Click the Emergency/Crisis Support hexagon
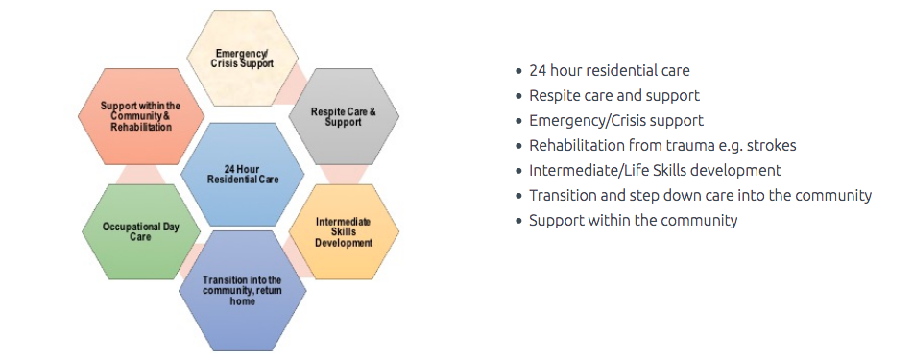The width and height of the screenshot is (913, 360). point(242,59)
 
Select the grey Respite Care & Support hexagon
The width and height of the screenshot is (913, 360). point(344,116)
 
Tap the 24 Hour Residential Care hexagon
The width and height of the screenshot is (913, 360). point(242,174)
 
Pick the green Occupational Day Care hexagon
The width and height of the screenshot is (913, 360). point(140,232)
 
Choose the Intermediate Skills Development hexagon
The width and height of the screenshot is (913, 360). point(344,232)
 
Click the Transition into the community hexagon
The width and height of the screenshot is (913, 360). point(242,291)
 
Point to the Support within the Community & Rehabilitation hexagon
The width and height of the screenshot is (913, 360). point(140,116)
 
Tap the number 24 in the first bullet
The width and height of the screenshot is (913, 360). point(537,70)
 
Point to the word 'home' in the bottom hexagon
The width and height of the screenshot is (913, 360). point(242,301)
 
